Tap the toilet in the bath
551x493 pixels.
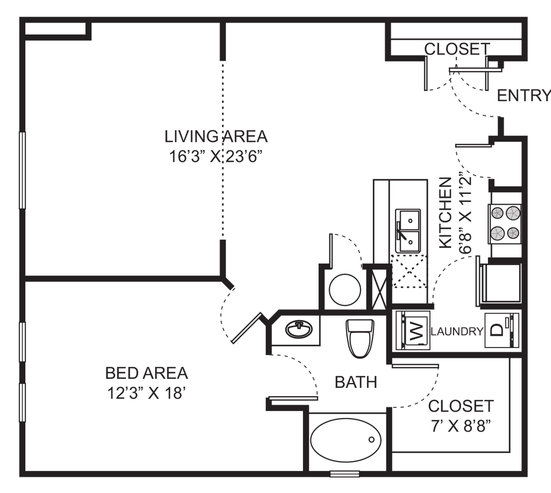point(360,338)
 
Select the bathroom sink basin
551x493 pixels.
point(299,330)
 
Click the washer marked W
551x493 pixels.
point(413,330)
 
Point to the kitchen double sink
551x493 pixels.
point(408,231)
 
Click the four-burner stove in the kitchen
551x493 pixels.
point(505,224)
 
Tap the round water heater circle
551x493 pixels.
point(345,290)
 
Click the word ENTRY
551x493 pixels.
point(524,95)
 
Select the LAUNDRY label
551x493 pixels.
point(457,331)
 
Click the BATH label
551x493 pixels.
point(356,382)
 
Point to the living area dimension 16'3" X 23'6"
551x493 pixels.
point(216,157)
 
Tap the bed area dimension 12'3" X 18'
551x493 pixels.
point(146,393)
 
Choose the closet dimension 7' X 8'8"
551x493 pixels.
point(461,427)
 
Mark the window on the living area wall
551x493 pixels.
point(22,170)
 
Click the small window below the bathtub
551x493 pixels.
point(345,474)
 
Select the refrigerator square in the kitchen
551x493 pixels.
point(501,283)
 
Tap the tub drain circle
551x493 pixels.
point(371,440)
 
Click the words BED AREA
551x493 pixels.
point(146,373)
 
